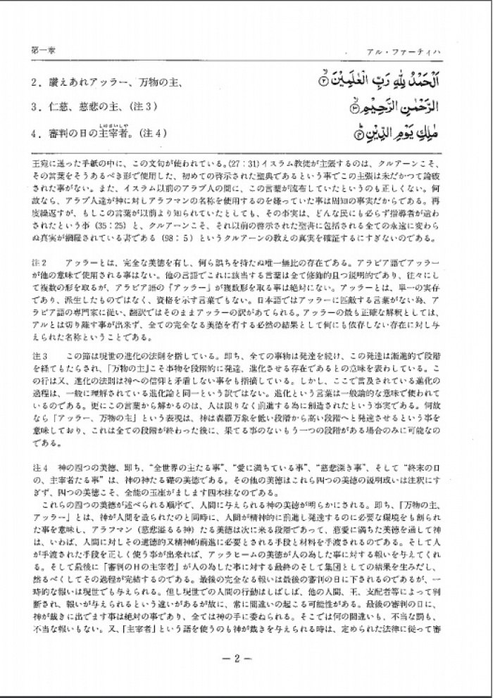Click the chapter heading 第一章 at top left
point(40,51)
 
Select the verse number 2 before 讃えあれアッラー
point(35,83)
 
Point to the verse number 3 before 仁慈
point(35,108)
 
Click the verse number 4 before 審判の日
point(35,132)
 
